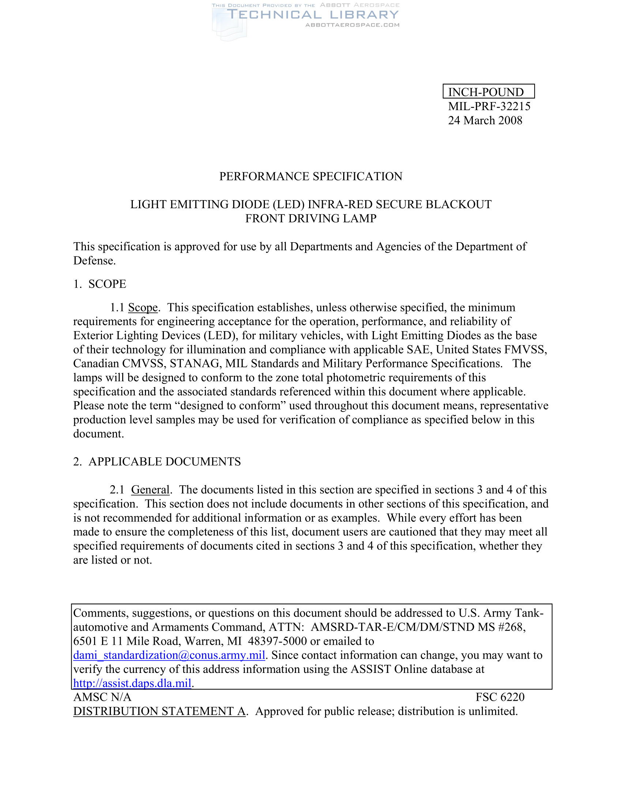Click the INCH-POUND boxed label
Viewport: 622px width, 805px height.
(488, 91)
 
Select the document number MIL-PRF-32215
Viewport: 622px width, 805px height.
(489, 106)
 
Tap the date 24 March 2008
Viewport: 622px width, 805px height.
(485, 120)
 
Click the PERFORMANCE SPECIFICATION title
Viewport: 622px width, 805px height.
(311, 176)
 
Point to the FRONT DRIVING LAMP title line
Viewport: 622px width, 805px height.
(311, 218)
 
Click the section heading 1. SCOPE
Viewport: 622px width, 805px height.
(100, 284)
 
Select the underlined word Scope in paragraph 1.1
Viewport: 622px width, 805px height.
(143, 307)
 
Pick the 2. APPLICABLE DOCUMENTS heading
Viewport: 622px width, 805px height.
(157, 461)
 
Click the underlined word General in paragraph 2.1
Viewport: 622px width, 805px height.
(150, 490)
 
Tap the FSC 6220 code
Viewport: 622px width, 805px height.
(500, 697)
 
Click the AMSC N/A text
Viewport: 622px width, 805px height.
(102, 697)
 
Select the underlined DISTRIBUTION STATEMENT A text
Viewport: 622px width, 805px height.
(160, 711)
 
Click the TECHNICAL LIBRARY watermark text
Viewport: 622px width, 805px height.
(313, 15)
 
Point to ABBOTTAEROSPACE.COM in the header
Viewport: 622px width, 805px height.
(352, 25)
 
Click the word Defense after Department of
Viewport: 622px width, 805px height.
(94, 261)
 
